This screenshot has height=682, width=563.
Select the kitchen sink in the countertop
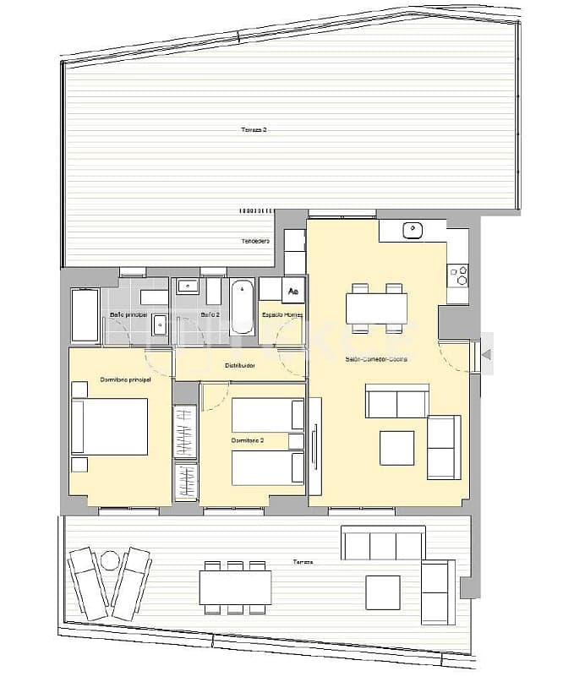413,229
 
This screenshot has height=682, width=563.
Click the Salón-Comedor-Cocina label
376,359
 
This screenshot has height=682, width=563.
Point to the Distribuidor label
240,366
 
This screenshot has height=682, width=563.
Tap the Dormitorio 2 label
248,440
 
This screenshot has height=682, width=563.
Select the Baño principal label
128,315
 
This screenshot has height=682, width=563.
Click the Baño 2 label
210,315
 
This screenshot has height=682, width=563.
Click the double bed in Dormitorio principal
112,426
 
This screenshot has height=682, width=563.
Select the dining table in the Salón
377,308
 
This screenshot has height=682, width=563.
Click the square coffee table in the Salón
396,448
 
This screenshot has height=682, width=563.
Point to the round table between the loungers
110,560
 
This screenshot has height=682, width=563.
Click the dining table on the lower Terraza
235,587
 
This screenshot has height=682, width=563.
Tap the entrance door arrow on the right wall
486,353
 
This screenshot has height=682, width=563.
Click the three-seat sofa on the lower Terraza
383,543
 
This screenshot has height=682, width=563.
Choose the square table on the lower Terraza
382,592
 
